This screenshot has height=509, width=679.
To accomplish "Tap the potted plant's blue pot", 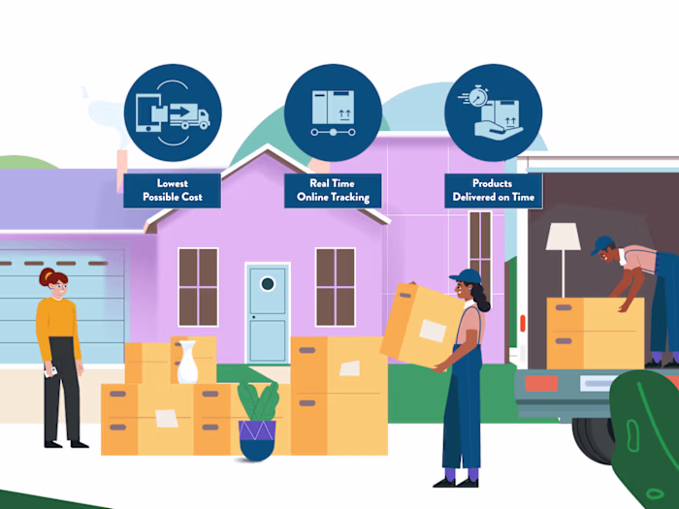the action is point(257,439).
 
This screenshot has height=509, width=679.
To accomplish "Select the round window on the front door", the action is point(268,283).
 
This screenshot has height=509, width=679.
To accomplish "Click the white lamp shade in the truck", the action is point(563,237).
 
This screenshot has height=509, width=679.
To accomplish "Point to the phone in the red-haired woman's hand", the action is point(50,371).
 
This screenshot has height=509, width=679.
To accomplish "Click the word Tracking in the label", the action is point(350,198).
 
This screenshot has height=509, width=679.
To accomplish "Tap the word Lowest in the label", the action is point(173,183).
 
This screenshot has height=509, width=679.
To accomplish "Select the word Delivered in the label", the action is point(473,197).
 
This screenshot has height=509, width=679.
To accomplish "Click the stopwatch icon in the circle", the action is point(477,96).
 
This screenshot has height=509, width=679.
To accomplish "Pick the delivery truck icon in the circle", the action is point(190,116).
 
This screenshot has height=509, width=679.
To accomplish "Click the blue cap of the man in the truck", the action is point(601,244).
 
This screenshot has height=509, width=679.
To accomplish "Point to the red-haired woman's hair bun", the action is point(46,276).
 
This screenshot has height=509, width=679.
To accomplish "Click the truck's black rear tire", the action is point(594,439).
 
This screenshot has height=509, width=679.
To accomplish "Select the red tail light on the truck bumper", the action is point(541,383).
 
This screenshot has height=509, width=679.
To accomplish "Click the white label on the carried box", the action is point(433,331).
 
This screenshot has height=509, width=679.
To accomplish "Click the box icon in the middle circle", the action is point(333,107).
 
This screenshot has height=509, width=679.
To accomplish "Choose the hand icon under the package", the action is point(498,130).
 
